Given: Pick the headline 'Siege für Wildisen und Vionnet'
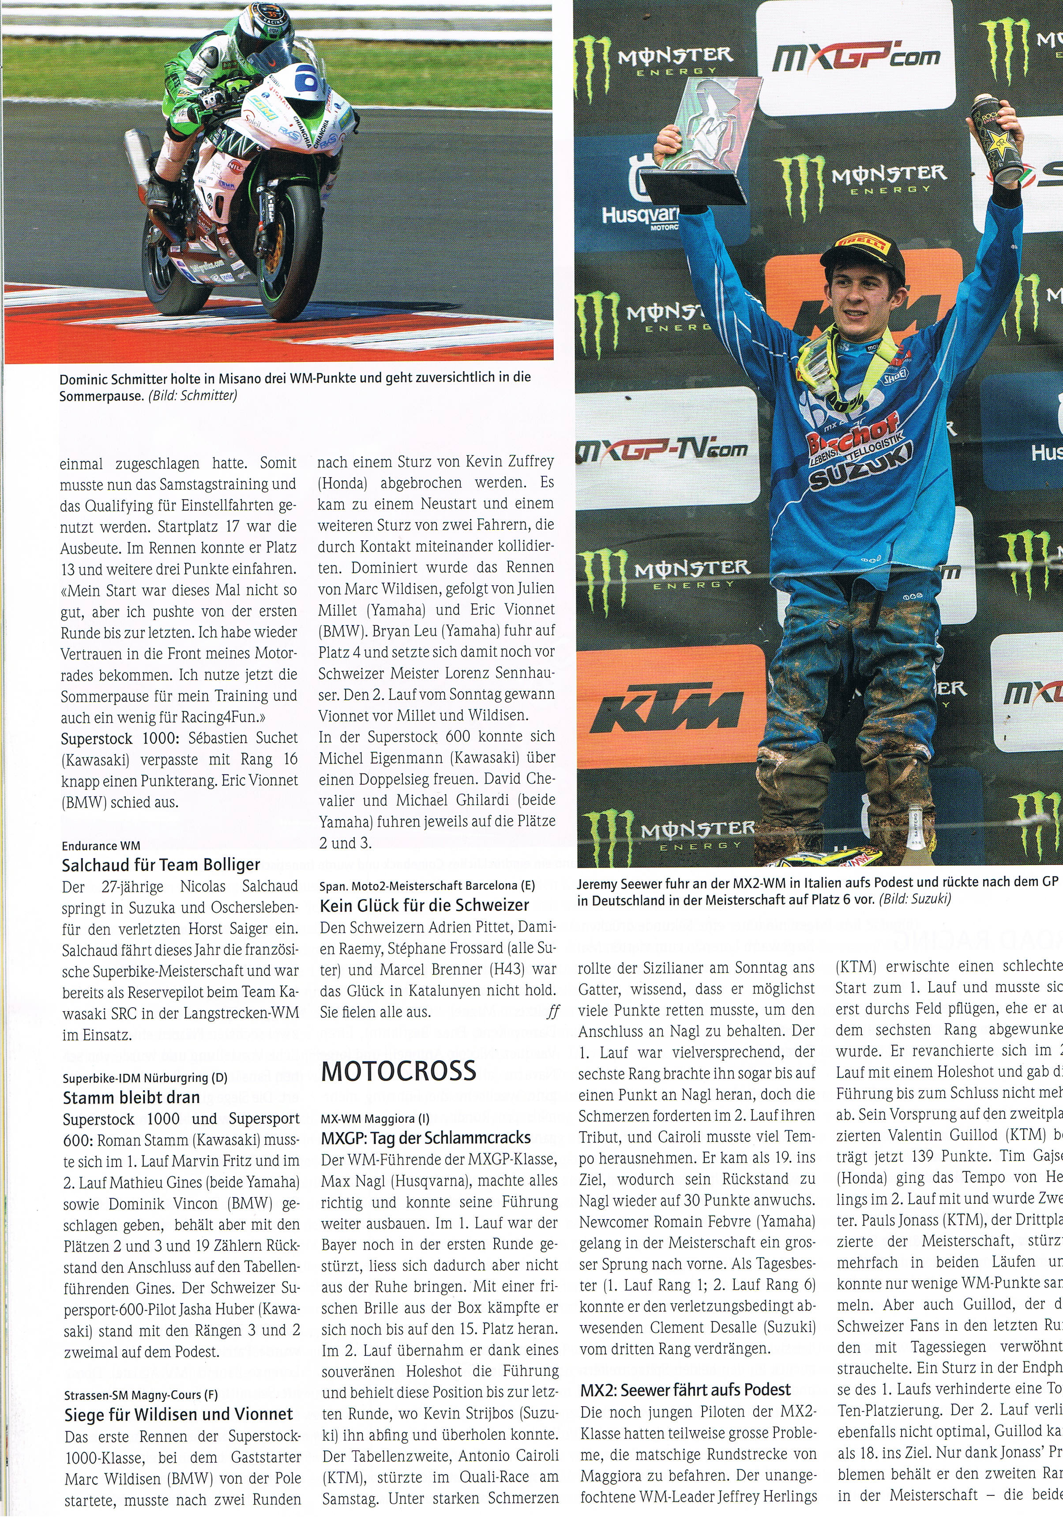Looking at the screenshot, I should pos(178,1391).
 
